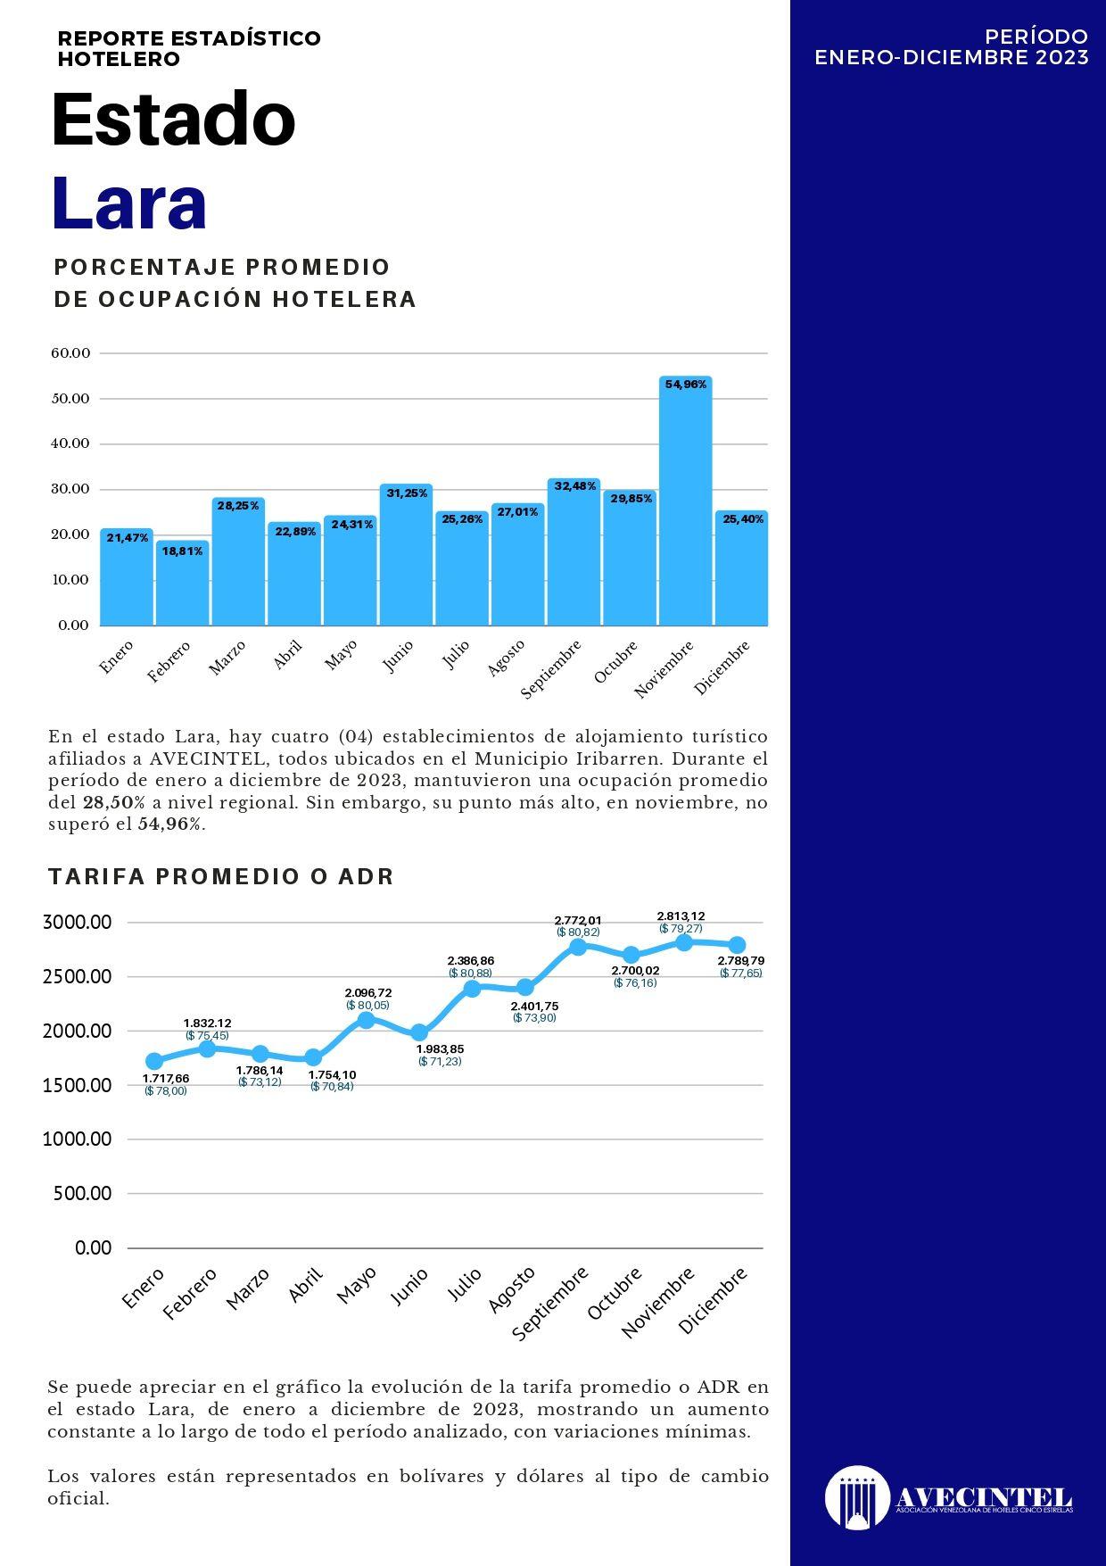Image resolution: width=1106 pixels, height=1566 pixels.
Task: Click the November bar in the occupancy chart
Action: pos(685,501)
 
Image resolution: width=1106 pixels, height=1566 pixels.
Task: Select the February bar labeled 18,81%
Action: pos(183,583)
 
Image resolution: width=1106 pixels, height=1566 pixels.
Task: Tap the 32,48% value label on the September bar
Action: pos(574,486)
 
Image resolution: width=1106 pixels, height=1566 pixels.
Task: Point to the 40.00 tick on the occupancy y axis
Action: pos(71,443)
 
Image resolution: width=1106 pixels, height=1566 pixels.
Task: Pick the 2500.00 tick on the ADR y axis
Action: pos(77,976)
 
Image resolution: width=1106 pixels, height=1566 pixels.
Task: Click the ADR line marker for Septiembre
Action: pos(578,947)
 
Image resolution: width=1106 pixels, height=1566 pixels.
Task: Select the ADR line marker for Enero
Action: pos(154,1061)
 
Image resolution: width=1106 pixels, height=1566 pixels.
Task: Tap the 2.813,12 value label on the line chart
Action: pos(681,916)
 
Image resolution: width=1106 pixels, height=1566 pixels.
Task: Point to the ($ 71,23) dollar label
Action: pos(440,1062)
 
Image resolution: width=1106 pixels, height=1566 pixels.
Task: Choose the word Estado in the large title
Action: pos(173,119)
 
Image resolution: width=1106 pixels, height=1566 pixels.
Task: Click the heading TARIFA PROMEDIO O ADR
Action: pos(221,876)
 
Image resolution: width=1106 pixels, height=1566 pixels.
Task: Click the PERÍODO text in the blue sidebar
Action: pos(1036,37)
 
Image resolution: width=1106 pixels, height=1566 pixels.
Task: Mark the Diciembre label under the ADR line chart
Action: pos(713,1301)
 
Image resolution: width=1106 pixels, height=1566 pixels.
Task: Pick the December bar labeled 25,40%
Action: pos(741,568)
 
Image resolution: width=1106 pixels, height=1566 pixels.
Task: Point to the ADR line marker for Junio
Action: pos(419,1032)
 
